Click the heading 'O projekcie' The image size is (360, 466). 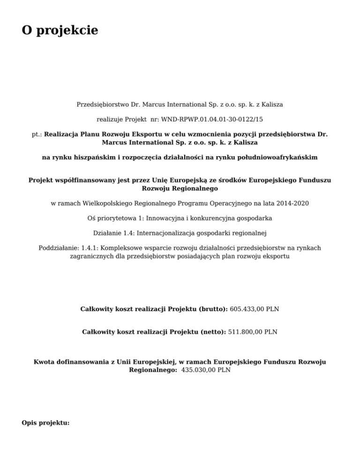(60, 30)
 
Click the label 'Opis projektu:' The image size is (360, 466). (45, 423)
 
